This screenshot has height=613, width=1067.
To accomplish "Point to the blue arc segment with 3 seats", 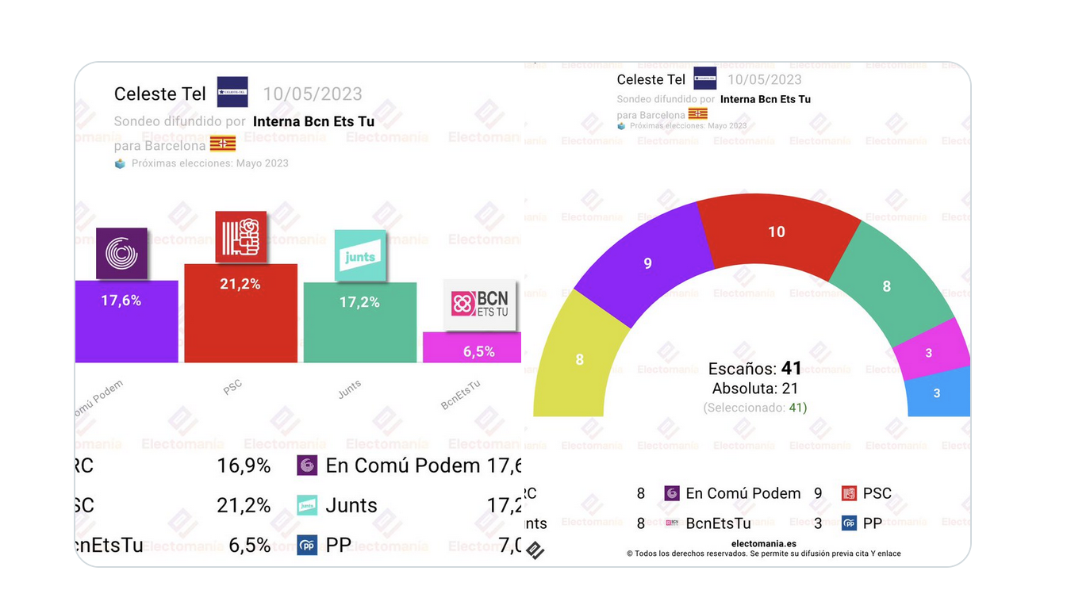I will (x=937, y=393).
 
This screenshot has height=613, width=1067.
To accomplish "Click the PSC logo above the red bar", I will (x=241, y=237).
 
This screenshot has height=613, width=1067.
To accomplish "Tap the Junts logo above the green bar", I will (x=360, y=255).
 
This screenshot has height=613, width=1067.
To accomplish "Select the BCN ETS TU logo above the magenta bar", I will (x=480, y=304).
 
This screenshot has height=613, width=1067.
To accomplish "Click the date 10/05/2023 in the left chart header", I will (x=313, y=94).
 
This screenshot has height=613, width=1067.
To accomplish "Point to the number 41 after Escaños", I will (x=792, y=369).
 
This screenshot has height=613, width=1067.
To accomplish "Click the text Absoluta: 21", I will (x=755, y=389).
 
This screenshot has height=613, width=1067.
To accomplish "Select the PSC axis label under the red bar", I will (x=232, y=387).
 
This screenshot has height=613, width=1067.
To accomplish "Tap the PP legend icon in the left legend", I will (x=307, y=546).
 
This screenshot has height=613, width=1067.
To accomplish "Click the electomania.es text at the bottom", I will (x=763, y=543).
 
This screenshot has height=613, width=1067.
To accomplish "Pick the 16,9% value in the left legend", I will (x=244, y=465).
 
